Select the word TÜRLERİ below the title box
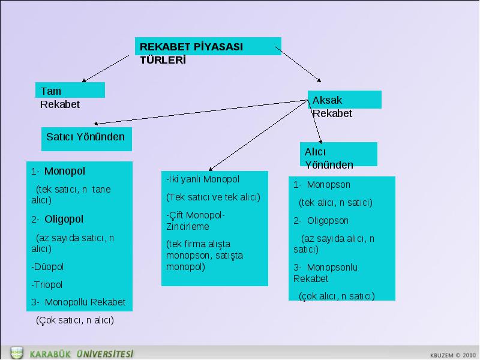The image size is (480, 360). pos(163,60)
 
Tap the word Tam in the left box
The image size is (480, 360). pos(51,91)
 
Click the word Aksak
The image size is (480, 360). pos(327,100)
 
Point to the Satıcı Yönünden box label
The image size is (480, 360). pos(85,137)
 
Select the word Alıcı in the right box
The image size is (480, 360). pos(315,152)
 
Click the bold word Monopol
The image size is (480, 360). pos(65,171)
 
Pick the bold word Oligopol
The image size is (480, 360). pos(64,219)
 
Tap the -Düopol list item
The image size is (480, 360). pos(47,266)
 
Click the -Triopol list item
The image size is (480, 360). pos(47,284)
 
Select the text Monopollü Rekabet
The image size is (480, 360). pos(85,302)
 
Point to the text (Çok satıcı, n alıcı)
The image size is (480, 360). pos(75,320)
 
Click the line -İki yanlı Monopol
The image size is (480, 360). pos(203,179)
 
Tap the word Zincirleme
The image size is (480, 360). pos(188,227)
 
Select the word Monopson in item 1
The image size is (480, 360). pos(328,185)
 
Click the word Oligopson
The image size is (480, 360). pos(328,221)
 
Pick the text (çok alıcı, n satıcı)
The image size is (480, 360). pos(337,296)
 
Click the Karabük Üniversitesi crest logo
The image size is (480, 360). pos(17,353)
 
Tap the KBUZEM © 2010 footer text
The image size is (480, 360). pos(453,355)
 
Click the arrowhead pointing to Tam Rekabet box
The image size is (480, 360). pos(84,80)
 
